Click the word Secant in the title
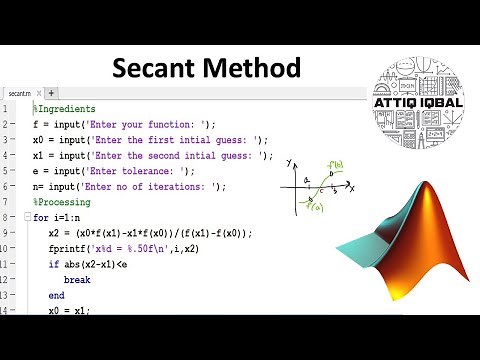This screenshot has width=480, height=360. pos(159,68)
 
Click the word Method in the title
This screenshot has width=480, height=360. pos(254,68)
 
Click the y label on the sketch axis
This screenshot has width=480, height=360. pos(288,162)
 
